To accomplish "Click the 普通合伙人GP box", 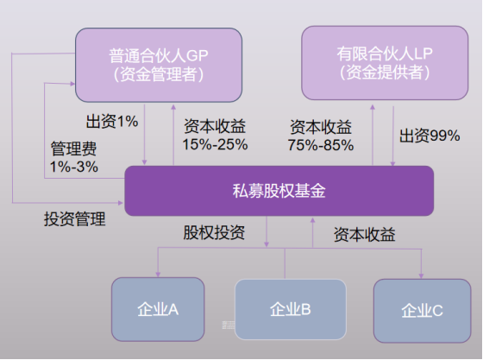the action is (159, 65).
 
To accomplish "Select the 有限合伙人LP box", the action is (385, 63).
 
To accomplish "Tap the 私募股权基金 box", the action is (279, 191).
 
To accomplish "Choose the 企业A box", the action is (158, 309).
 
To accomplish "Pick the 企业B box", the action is (290, 309).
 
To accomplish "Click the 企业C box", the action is (422, 311).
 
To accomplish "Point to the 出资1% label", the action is (112, 121).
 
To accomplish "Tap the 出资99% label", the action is (430, 136).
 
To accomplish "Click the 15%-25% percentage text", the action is (215, 144).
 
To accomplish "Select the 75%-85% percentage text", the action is (321, 145).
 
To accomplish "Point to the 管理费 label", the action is (73, 148).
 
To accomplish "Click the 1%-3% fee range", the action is (74, 167).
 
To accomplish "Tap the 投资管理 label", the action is (75, 219).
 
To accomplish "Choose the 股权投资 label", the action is (214, 232).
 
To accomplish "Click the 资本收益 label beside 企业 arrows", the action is (364, 235).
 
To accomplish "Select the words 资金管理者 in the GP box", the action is (159, 74).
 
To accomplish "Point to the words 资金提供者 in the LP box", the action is (385, 73).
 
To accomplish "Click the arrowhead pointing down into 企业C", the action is (421, 275).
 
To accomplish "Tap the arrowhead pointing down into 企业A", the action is (158, 275).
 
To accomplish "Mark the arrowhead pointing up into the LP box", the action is (373, 107).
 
